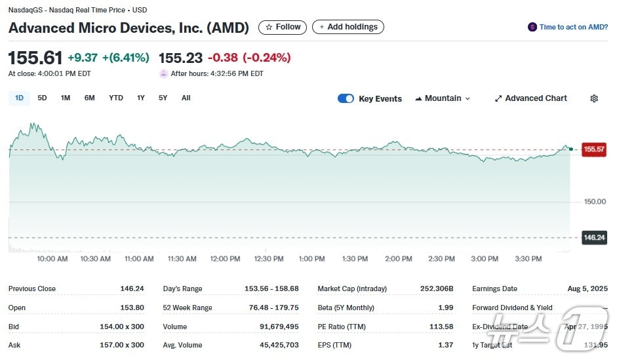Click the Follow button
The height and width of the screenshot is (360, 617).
tap(283, 27)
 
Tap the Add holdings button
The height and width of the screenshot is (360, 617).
tap(348, 27)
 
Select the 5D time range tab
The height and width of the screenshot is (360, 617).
tap(42, 98)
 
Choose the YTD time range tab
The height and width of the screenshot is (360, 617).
tap(116, 98)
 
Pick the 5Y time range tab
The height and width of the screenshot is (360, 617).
tap(163, 98)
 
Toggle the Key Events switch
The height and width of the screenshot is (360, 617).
tap(346, 98)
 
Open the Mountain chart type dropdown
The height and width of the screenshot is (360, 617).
tap(443, 98)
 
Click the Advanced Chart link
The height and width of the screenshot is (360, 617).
tap(531, 98)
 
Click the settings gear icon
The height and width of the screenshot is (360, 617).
tap(594, 98)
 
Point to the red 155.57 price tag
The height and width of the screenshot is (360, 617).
tap(594, 150)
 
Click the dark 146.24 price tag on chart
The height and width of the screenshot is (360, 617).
tap(594, 237)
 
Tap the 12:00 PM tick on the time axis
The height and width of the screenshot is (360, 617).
tap(225, 259)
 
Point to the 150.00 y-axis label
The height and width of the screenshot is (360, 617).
tap(595, 201)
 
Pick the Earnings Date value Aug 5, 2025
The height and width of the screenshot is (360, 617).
tap(587, 289)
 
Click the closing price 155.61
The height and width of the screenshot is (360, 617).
tap(35, 58)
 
